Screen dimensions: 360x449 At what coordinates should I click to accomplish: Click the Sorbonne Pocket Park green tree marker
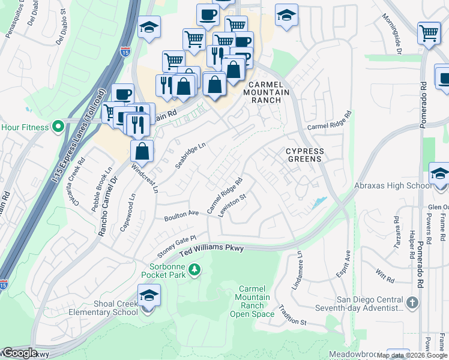point(194,271)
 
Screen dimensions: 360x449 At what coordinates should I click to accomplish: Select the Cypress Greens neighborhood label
point(304,155)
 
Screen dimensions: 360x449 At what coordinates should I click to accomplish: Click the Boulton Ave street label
point(182,215)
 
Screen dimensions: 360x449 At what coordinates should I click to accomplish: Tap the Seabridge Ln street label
point(191,155)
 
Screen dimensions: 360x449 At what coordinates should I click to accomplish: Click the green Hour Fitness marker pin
point(58,127)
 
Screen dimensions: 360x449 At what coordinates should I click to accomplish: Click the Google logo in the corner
point(20,353)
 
